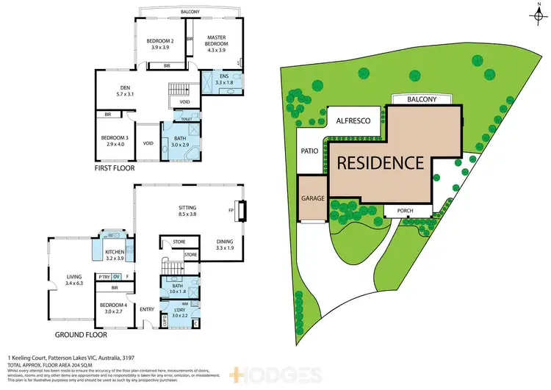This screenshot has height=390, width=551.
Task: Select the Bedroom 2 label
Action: click(161, 43)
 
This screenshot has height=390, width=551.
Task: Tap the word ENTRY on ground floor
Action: click(147, 308)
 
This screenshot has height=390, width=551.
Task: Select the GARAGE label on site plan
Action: click(312, 198)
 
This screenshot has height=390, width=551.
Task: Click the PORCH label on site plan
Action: click(406, 210)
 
